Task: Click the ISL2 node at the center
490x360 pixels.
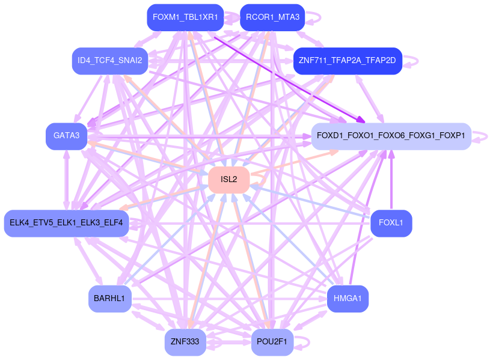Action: click(228, 180)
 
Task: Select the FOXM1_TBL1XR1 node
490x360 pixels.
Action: click(185, 17)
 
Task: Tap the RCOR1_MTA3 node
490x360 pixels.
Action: click(272, 17)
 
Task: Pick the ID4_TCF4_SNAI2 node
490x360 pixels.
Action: click(109, 61)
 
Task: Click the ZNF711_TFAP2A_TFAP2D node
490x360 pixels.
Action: click(347, 61)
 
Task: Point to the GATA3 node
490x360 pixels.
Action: click(66, 136)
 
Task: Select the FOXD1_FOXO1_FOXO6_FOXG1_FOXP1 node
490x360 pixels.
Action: click(391, 136)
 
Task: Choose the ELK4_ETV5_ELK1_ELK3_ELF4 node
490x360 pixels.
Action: click(66, 223)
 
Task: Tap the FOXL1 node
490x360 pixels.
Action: click(391, 223)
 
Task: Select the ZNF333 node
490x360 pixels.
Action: click(185, 342)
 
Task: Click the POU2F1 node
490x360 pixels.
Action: click(272, 342)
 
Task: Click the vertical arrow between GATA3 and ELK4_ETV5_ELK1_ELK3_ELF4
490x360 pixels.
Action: click(66, 180)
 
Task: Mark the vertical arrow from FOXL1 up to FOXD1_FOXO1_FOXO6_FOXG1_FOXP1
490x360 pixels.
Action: click(391, 180)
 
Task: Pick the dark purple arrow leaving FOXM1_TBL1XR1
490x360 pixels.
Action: click(289, 75)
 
